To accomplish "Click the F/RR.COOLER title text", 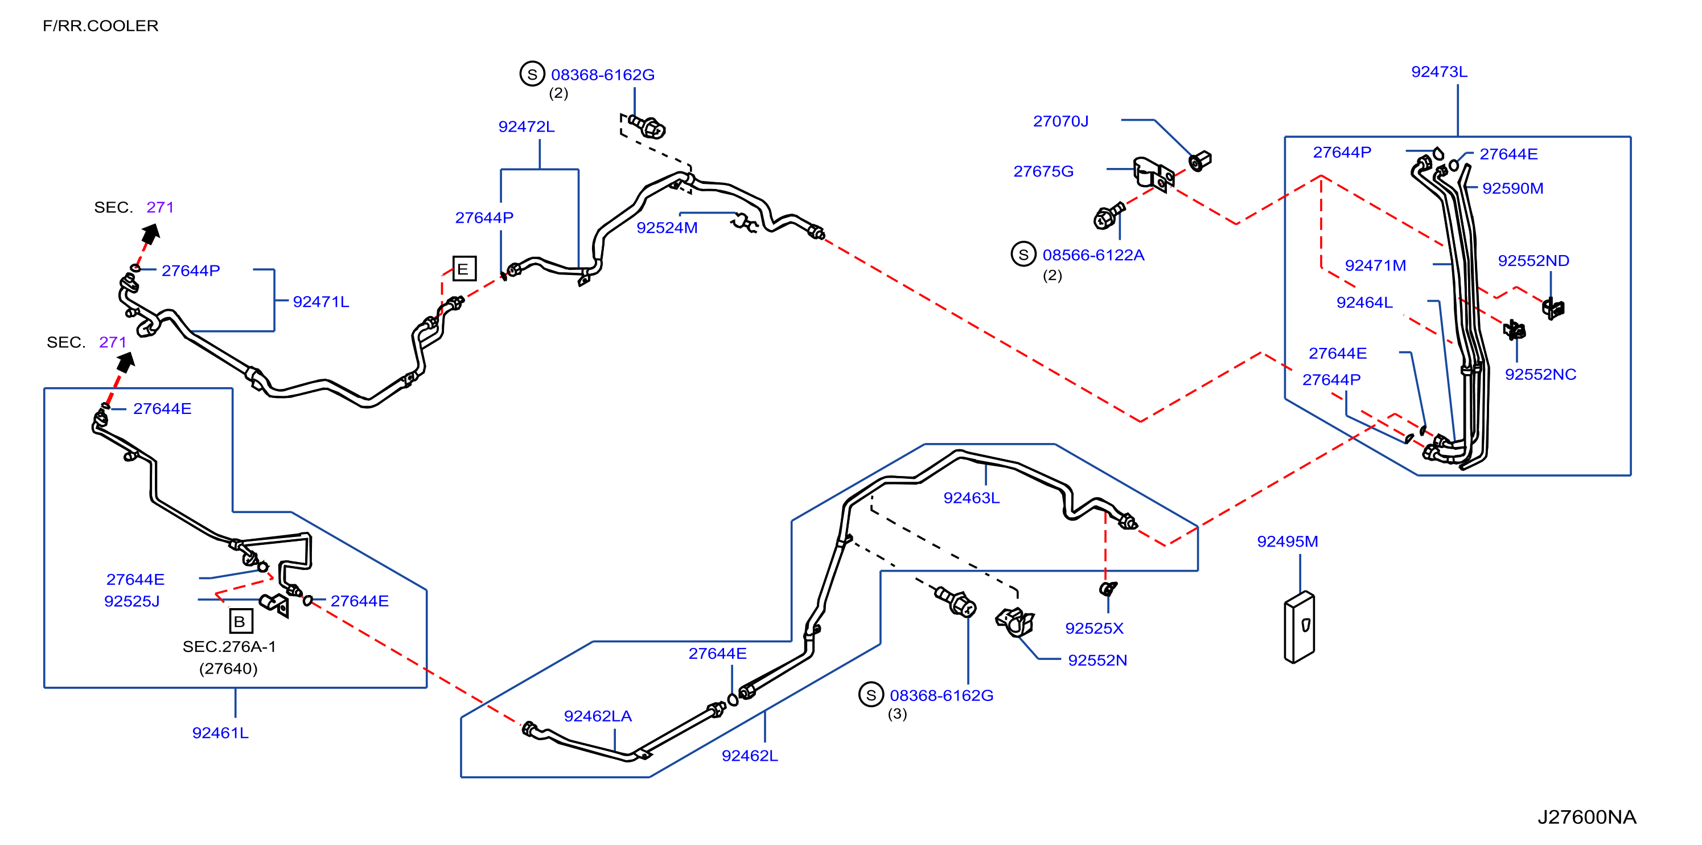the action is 100,26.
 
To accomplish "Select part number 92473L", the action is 1439,71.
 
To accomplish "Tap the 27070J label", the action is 1060,121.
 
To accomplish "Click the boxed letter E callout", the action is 464,269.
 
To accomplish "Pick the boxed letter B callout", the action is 240,621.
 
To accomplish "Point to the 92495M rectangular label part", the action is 1299,627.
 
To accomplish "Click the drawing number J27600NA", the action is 1586,817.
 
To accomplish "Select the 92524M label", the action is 667,228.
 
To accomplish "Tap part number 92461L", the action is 220,733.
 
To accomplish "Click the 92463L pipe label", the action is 971,498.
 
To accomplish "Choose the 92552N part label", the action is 1097,660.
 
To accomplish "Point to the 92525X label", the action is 1094,628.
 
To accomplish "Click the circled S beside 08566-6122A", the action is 1023,255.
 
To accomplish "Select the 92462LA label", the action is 597,716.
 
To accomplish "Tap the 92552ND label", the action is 1533,261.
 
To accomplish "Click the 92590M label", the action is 1512,188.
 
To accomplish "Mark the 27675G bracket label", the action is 1043,171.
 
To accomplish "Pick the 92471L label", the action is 320,302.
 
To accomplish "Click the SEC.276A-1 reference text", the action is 229,647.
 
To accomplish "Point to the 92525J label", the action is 131,601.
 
